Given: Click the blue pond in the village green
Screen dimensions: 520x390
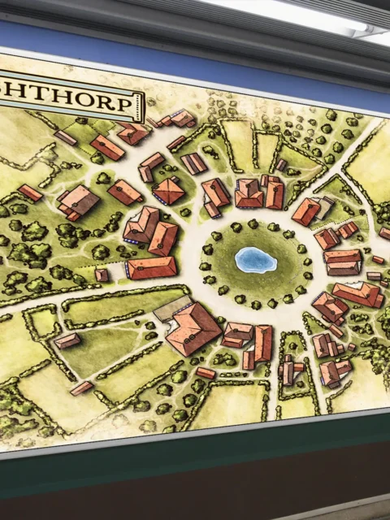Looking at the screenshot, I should pyautogui.click(x=255, y=260).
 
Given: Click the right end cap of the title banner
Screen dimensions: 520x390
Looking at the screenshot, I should pyautogui.click(x=141, y=106).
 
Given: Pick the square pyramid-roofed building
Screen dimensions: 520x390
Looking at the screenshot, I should pyautogui.click(x=168, y=192).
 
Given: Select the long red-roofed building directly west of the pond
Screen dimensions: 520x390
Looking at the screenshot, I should pyautogui.click(x=152, y=267).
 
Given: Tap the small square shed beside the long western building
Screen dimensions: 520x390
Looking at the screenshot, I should pyautogui.click(x=102, y=275).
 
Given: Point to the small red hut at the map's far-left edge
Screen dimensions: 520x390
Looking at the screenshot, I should pyautogui.click(x=30, y=193).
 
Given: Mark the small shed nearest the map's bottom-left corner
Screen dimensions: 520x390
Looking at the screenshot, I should pyautogui.click(x=80, y=388).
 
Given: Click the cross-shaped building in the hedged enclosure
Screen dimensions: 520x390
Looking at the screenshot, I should pyautogui.click(x=289, y=371).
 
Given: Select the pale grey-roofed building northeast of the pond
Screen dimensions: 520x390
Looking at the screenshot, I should pyautogui.click(x=324, y=207).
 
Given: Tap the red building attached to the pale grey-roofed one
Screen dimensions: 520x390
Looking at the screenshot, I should pyautogui.click(x=305, y=212).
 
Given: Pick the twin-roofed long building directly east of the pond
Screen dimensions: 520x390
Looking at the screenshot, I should pyautogui.click(x=343, y=262).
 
